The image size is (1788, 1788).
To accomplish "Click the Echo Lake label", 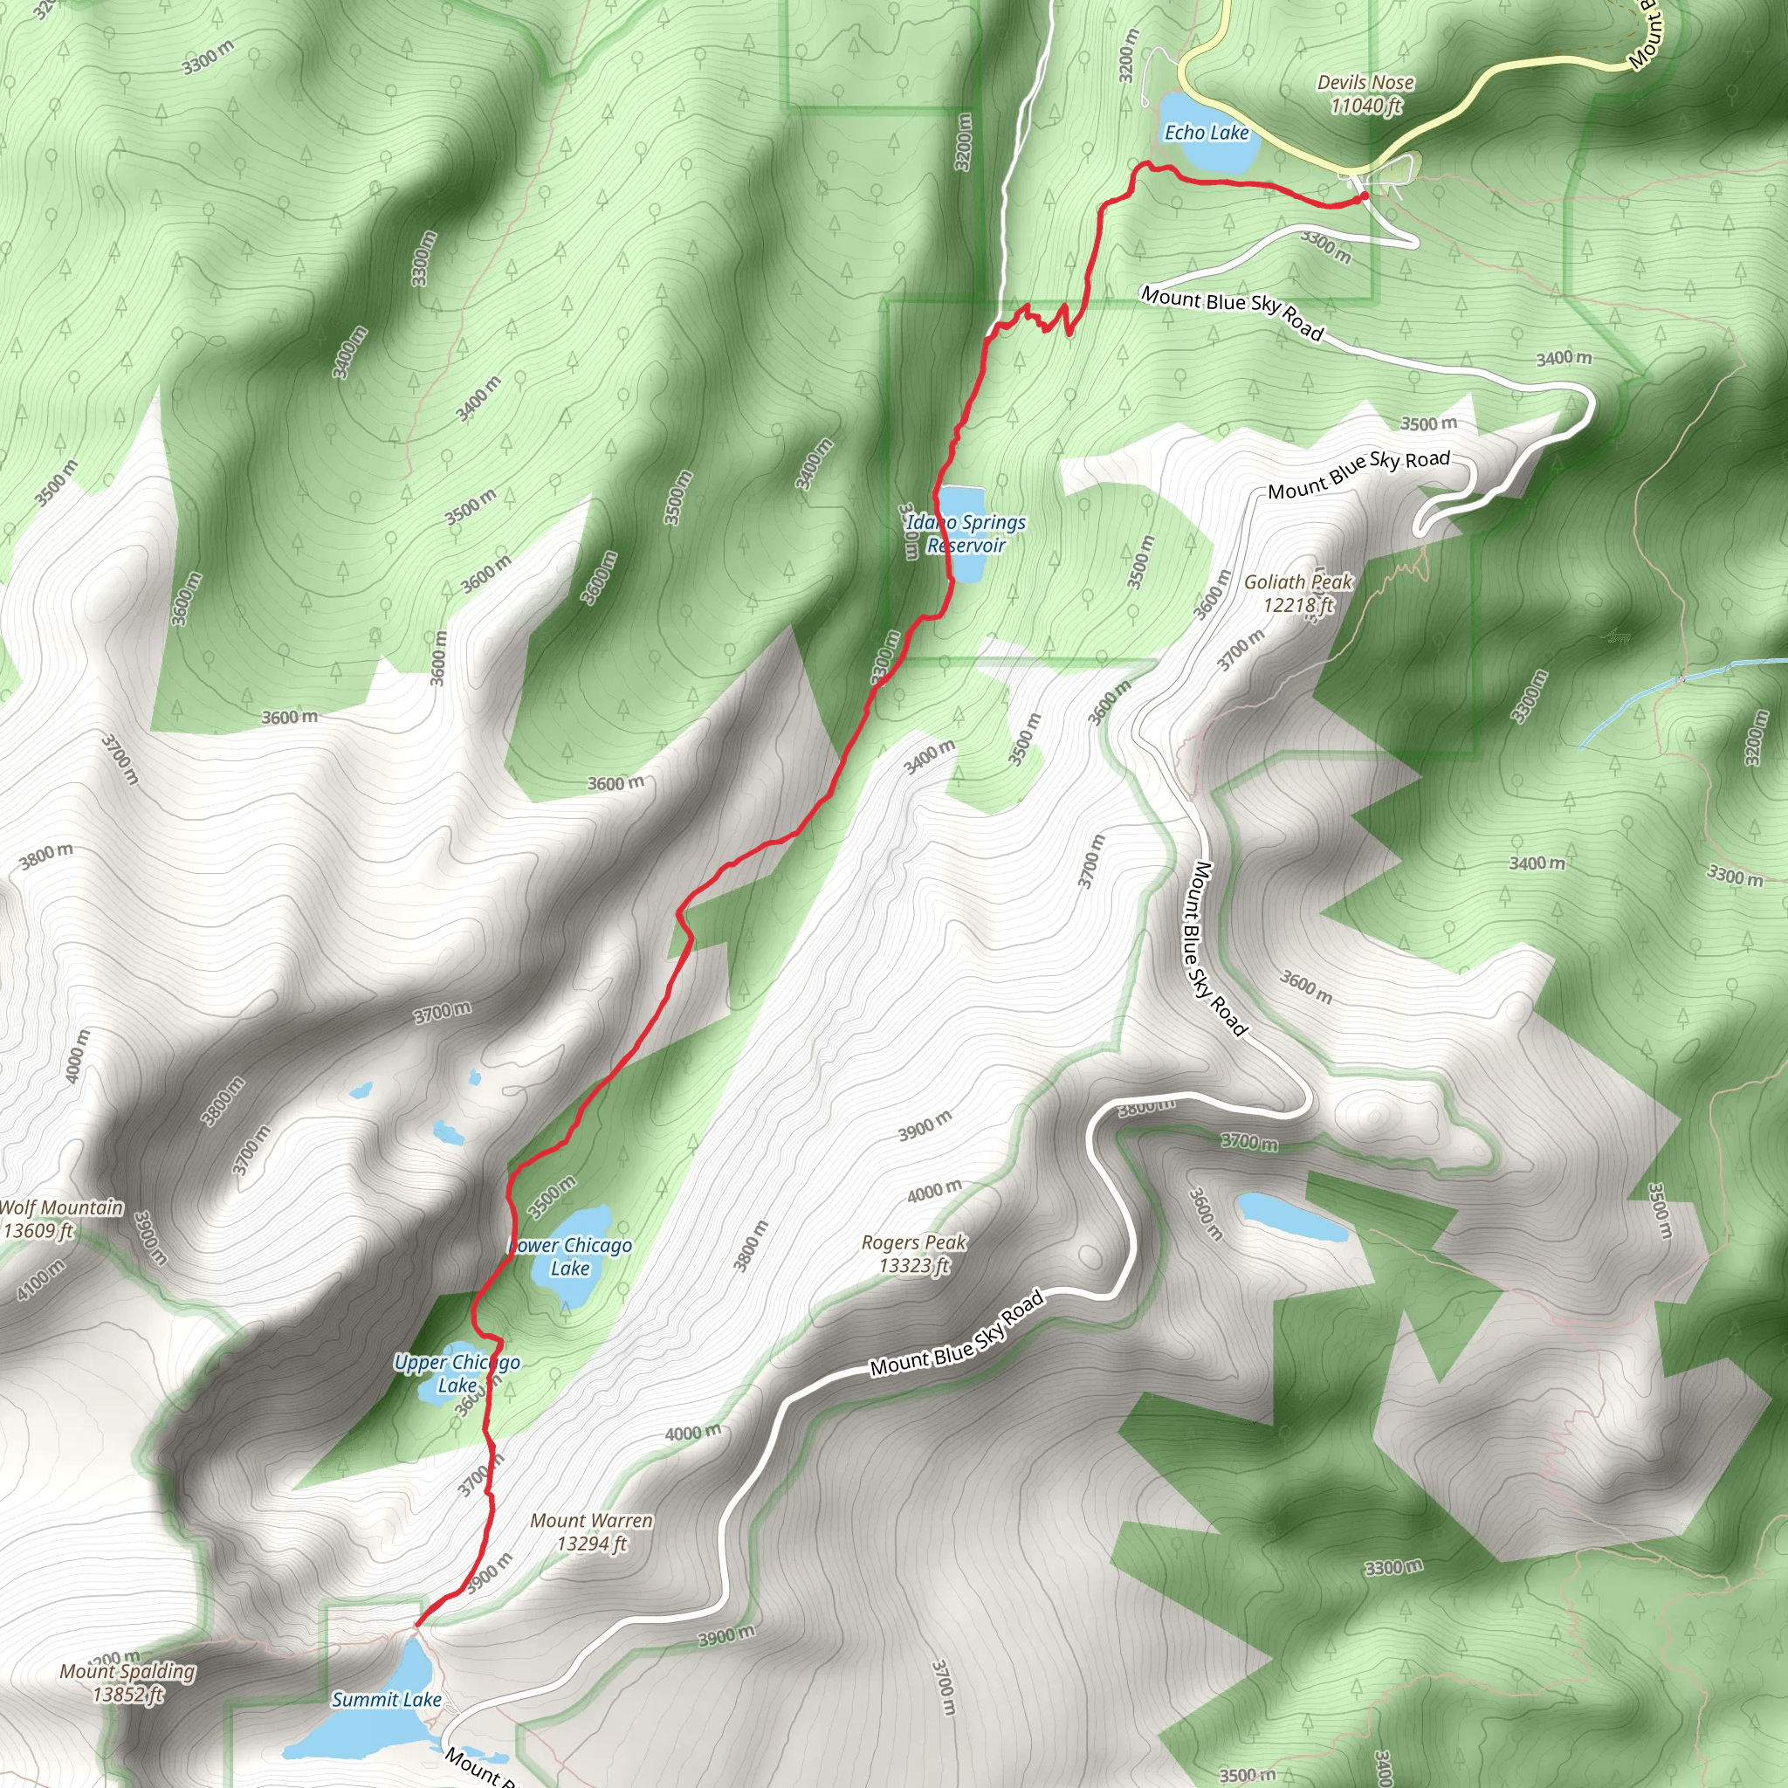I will pos(1206,133).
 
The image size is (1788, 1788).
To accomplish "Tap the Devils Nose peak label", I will pos(1365,93).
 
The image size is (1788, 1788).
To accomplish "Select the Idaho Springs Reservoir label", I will pos(966,534).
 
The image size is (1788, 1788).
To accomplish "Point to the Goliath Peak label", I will pos(1297,593).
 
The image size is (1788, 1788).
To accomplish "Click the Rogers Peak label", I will pos(913,1253).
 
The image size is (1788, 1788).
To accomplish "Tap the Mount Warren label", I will pos(591,1531).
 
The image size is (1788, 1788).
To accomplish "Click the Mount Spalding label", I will pos(127,1682).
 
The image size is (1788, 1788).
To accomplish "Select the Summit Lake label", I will pos(386,1699).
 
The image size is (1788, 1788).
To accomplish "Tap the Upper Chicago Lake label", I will pos(457,1373).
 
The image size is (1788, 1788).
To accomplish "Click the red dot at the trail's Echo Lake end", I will pos(1365,196).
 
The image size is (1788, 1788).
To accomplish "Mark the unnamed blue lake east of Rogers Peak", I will pos(1292,1217).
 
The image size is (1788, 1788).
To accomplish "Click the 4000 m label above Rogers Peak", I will pos(934,1191).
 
